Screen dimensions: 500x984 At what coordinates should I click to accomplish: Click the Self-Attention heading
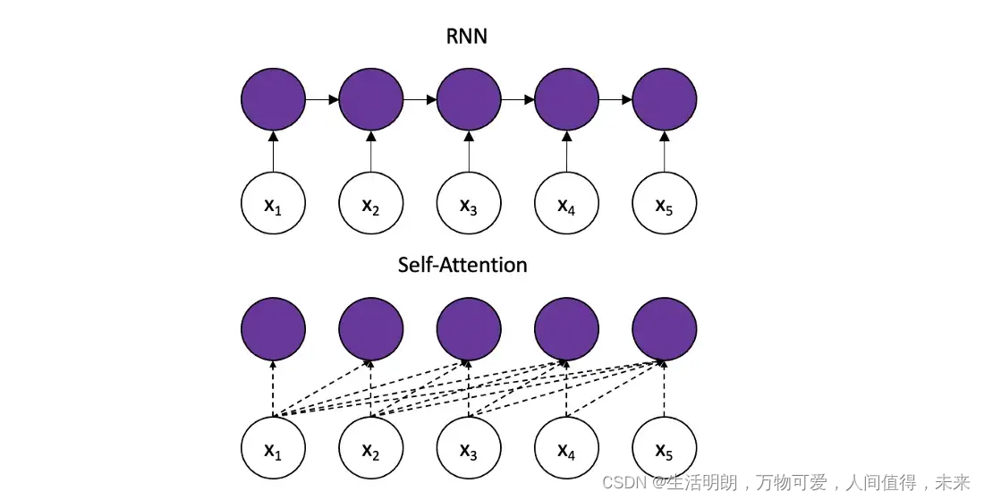pos(462,265)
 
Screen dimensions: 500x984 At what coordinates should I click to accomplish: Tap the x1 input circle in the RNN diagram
pos(274,206)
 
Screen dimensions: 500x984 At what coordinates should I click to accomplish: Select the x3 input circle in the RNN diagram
pos(469,206)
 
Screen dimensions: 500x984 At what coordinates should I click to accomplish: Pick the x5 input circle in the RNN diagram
pos(664,206)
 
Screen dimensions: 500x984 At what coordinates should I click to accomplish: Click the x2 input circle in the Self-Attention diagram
pos(371,449)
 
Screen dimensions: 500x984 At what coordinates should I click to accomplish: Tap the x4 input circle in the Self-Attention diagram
pos(566,449)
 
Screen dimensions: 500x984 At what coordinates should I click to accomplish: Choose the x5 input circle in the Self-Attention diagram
pos(664,449)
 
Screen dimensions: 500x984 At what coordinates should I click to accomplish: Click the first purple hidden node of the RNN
pos(274,99)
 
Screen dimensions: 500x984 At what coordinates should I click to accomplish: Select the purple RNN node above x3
pos(469,99)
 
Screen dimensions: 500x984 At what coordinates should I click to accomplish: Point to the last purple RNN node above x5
pos(664,99)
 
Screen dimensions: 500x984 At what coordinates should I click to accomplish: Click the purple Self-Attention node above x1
pos(274,329)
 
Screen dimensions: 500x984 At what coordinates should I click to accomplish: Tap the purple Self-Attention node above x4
pos(566,329)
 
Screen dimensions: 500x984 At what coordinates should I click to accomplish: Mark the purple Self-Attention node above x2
pos(371,329)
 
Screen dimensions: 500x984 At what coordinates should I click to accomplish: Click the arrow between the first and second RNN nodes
pos(322,99)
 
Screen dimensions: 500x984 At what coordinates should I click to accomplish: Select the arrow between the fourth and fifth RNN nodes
pos(615,99)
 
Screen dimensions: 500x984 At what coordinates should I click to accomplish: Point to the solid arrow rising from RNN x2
pos(371,152)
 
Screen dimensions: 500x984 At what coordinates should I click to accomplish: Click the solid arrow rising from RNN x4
pos(566,152)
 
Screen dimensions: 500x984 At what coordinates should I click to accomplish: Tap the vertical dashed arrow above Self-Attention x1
pos(274,389)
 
